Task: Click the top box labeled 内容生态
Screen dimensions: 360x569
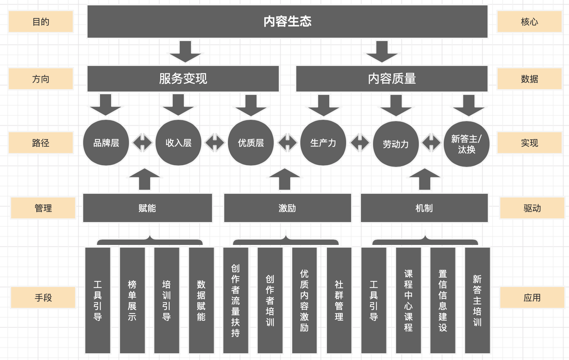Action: (287, 22)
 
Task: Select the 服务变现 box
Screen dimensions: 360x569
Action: (183, 79)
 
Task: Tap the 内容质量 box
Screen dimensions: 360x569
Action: (392, 79)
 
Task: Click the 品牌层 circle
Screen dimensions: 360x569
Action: (106, 143)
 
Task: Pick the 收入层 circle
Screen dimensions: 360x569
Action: (178, 143)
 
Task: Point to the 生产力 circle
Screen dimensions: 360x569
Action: (323, 143)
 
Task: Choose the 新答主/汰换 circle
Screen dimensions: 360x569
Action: (466, 144)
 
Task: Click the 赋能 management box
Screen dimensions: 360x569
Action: (147, 208)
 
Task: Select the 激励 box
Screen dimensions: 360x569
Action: (287, 208)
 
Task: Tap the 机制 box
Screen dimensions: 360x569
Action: (424, 208)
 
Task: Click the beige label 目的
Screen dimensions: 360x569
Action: (41, 22)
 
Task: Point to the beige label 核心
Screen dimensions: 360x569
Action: (529, 22)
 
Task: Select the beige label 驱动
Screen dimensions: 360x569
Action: (532, 208)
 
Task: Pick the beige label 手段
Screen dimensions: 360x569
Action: (43, 298)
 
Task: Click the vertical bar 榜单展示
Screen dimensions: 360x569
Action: (132, 300)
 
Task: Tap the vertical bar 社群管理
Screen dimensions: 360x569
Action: (339, 300)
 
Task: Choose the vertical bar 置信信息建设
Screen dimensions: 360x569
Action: (443, 300)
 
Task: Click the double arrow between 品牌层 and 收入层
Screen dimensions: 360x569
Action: (142, 143)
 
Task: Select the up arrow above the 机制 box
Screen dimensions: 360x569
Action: (425, 179)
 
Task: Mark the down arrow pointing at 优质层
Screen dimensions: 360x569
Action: (251, 105)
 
